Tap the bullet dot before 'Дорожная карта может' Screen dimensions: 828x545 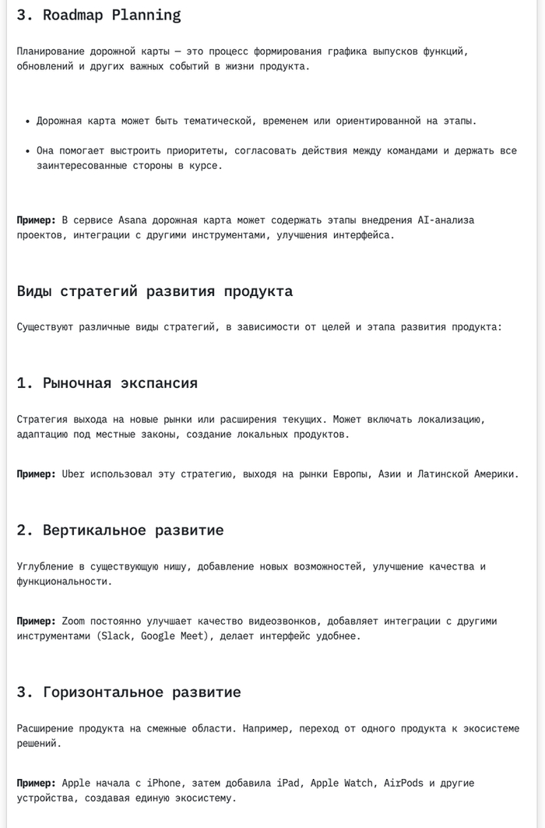pyautogui.click(x=27, y=122)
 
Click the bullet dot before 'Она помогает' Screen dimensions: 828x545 pyautogui.click(x=27, y=151)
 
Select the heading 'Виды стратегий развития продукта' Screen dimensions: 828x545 pyautogui.click(x=154, y=291)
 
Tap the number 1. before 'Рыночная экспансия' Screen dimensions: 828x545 pyautogui.click(x=25, y=383)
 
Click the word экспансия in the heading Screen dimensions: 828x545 pyautogui.click(x=160, y=383)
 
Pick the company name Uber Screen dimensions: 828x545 pyautogui.click(x=73, y=474)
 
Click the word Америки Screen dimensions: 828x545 pyautogui.click(x=496, y=474)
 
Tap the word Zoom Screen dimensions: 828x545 pyautogui.click(x=73, y=622)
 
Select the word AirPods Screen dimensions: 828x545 pyautogui.click(x=404, y=783)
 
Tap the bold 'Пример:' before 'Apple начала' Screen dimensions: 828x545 pyautogui.click(x=36, y=783)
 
